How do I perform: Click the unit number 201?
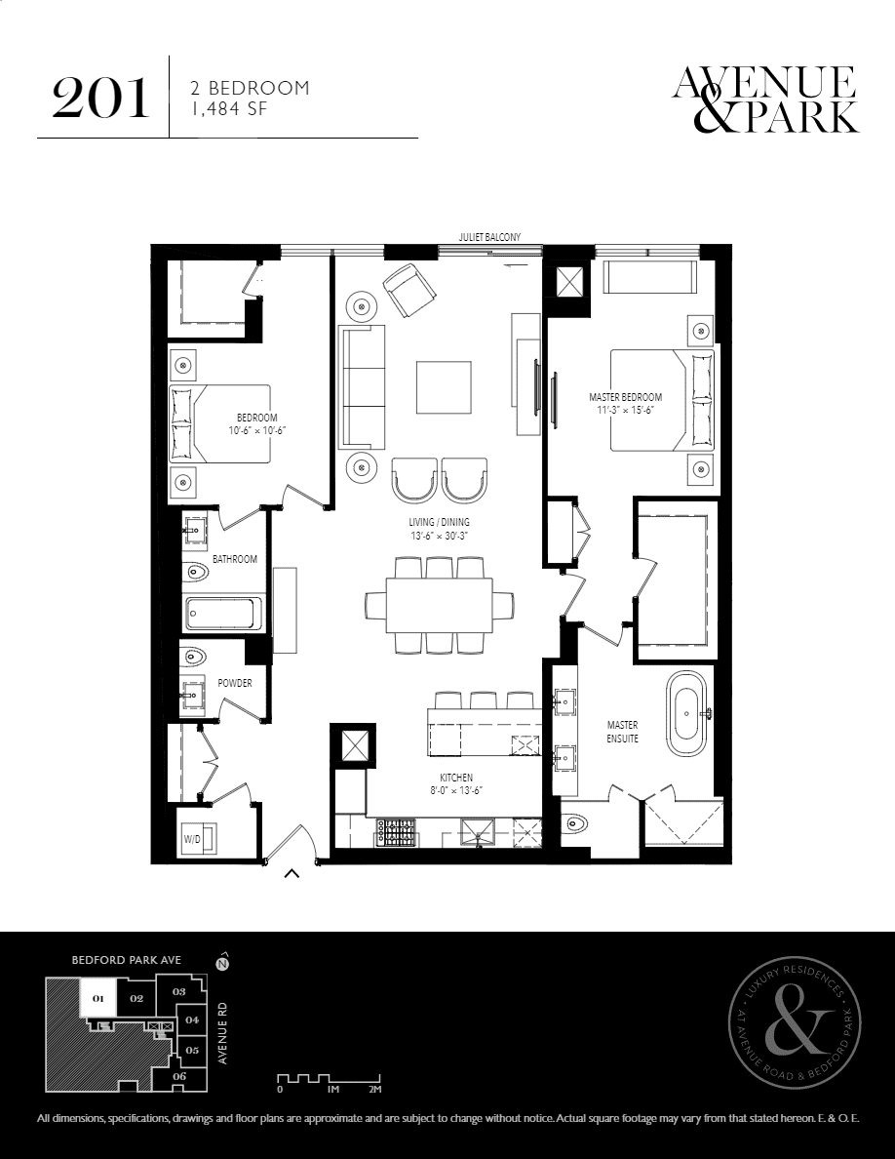click(x=100, y=99)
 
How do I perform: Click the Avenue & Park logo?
click(x=765, y=100)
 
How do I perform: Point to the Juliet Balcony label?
click(x=489, y=237)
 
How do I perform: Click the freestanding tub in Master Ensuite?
click(x=687, y=713)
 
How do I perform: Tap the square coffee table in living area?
click(x=443, y=387)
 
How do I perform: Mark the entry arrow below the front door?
click(x=292, y=875)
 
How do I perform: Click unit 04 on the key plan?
click(x=192, y=1020)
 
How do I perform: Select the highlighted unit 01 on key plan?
click(x=97, y=998)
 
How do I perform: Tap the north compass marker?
click(x=220, y=963)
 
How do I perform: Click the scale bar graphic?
click(x=329, y=1078)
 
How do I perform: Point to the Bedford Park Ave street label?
click(x=127, y=960)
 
